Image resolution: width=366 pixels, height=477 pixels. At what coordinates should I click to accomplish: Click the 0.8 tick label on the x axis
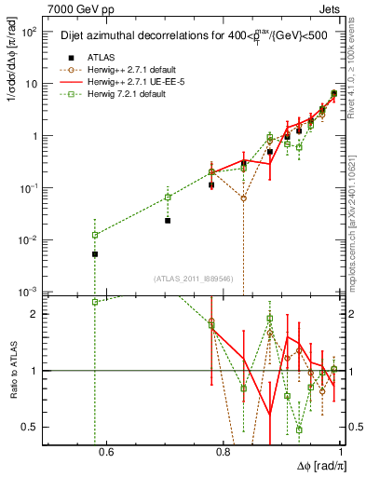[x=223, y=454]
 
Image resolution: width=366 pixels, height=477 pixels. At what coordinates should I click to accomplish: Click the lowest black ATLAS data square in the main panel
[x=95, y=254]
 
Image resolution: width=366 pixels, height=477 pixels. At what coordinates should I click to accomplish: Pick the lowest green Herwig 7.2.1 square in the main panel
[x=95, y=235]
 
